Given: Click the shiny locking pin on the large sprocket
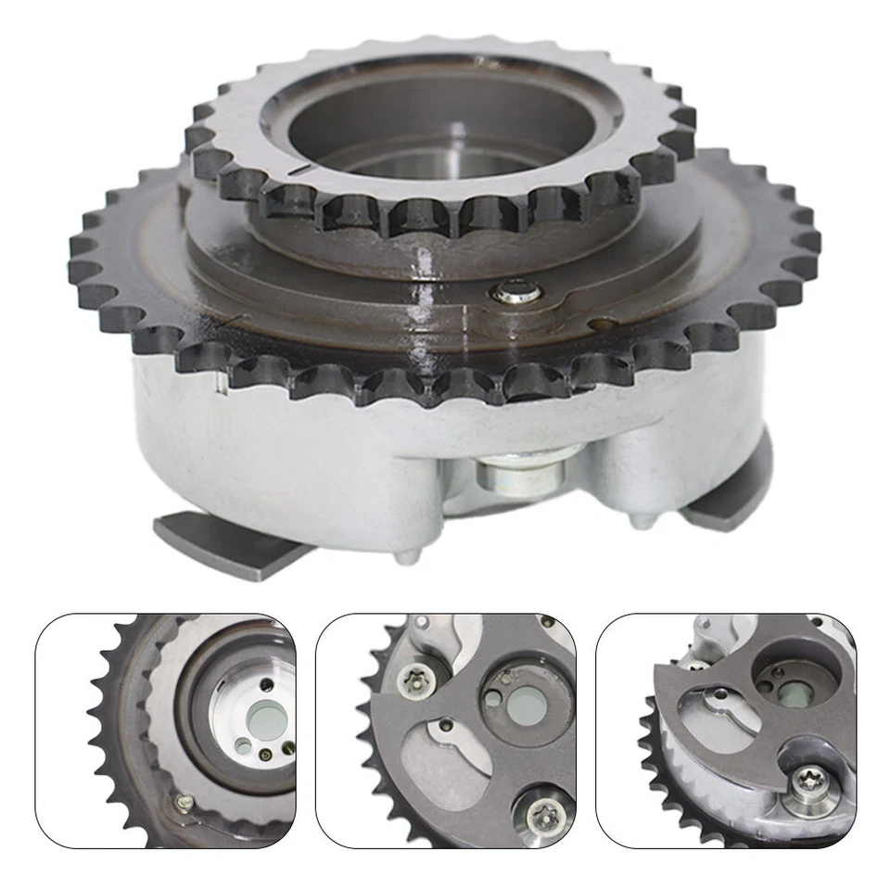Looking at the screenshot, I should click(516, 294).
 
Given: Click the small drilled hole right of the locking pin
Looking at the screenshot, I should click(604, 324).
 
